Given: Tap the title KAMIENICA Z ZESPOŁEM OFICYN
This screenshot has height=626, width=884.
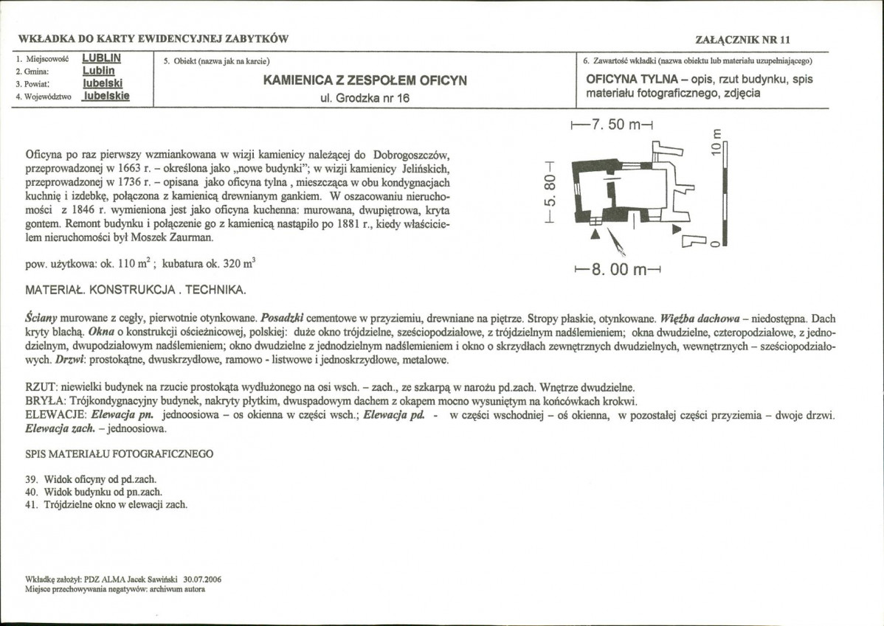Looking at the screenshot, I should point(365,80).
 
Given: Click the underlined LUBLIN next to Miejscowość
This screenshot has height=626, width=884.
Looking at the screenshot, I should point(103,58).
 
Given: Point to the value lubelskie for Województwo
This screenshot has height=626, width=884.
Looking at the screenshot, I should point(106,95).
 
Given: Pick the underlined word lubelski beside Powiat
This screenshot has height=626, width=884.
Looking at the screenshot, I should point(102,83).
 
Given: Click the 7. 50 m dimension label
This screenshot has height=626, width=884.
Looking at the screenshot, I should point(614,125).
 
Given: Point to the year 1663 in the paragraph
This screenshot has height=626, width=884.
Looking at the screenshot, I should point(129,168).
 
